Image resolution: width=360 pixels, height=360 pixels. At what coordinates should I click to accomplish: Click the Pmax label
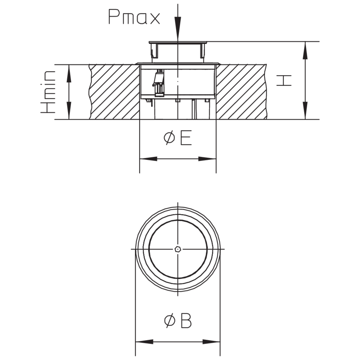pos(134,17)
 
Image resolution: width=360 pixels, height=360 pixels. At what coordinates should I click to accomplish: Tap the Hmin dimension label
pos(48,92)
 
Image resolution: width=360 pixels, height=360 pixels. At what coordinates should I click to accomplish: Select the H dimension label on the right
pos(284,80)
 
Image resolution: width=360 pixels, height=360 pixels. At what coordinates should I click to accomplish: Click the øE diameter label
pos(178,138)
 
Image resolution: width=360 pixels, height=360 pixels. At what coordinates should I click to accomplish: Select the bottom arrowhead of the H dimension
pos(305,111)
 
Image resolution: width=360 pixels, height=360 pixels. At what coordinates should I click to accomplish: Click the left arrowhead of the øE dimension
pos(148,159)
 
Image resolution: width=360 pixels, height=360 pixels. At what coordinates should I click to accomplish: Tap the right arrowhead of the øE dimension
pos(207,159)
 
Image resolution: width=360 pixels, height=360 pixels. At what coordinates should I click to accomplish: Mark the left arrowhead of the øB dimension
pos(144,342)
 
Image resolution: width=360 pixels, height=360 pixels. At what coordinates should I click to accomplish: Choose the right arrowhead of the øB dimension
pos(211,342)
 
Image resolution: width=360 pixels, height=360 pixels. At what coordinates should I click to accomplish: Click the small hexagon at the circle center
pos(178,249)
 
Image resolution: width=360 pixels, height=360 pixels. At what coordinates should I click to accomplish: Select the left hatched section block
pos(114,92)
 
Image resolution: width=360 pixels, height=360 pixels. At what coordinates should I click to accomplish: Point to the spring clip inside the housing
pos(158,82)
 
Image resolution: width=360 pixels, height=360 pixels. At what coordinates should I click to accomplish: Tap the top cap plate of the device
pos(178,42)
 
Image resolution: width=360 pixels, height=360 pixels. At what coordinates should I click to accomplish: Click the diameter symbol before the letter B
pos(170,321)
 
